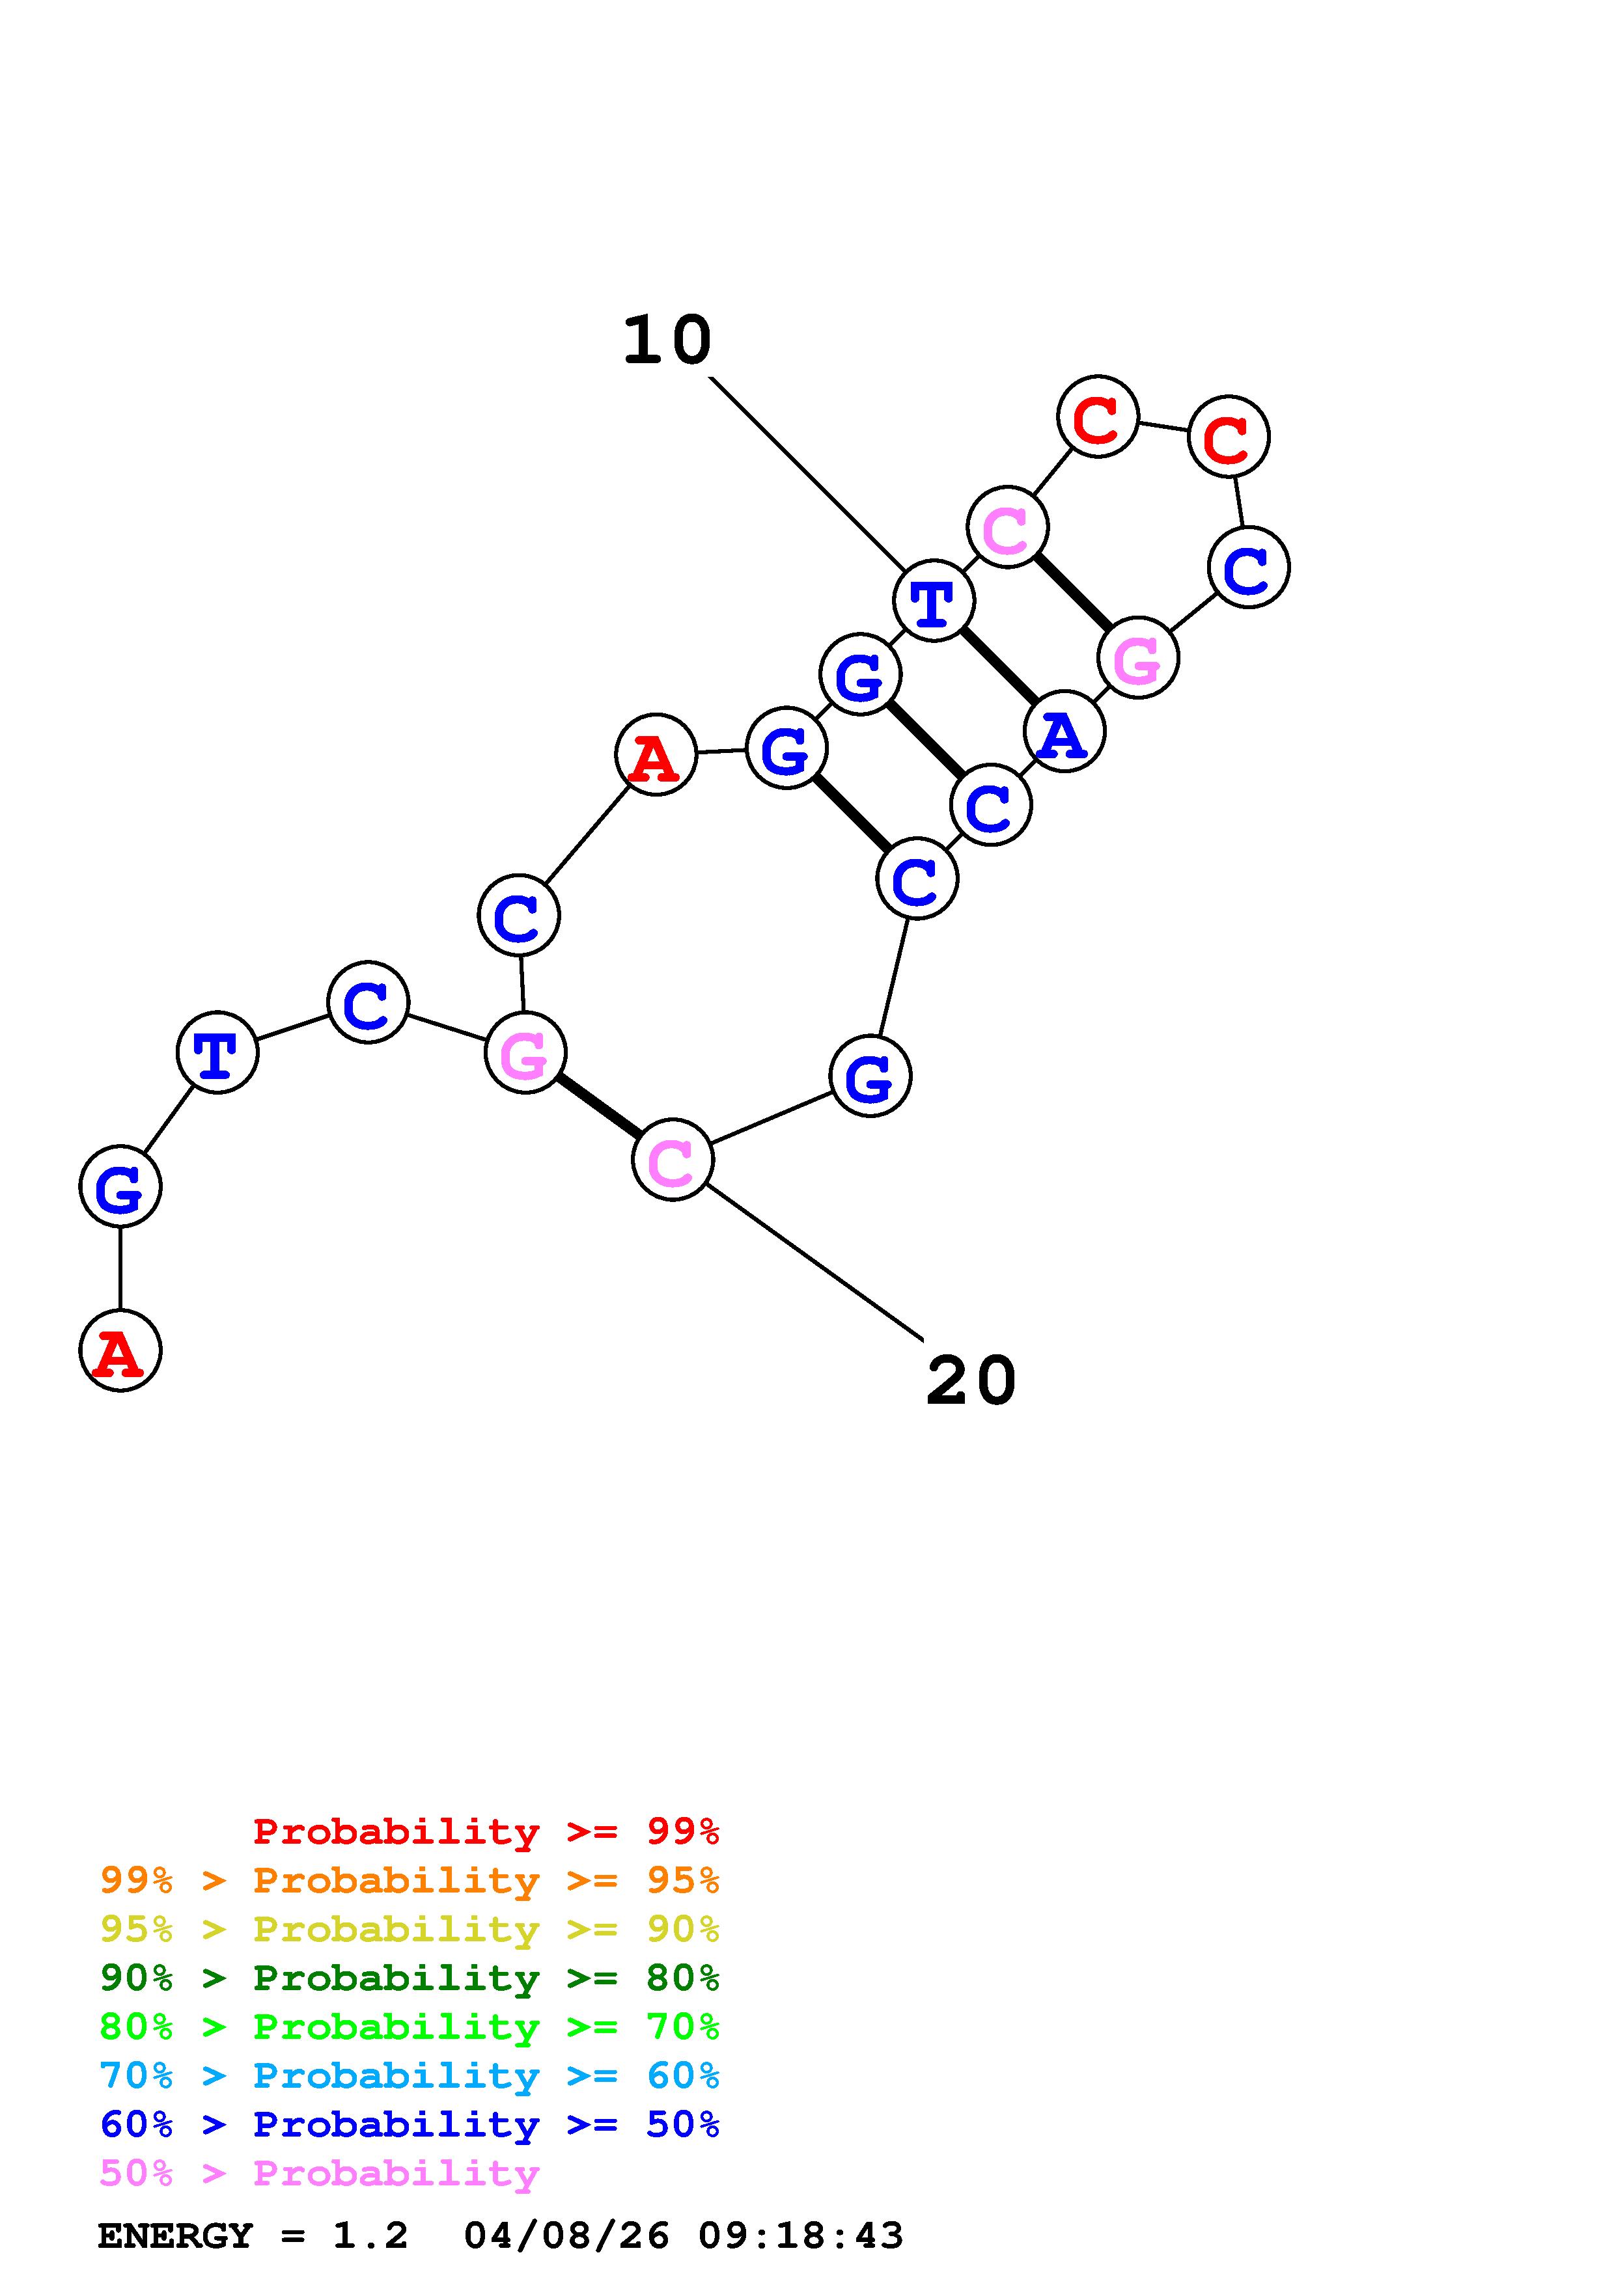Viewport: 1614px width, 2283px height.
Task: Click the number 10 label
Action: coord(667,341)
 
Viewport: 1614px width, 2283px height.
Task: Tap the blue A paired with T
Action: coord(1064,733)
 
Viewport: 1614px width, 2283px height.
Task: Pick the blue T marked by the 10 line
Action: coord(934,601)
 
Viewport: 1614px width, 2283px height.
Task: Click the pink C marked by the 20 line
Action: coord(673,1160)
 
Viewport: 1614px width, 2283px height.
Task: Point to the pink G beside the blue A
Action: coord(1137,658)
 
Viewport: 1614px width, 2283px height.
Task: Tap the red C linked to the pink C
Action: coord(1098,418)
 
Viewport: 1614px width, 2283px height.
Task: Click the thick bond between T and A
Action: coord(999,666)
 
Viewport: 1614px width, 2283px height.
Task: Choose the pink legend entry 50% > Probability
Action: coord(319,2172)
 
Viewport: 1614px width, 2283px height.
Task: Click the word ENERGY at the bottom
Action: coord(175,2236)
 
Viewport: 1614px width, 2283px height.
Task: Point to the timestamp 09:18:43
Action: coord(801,2236)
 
